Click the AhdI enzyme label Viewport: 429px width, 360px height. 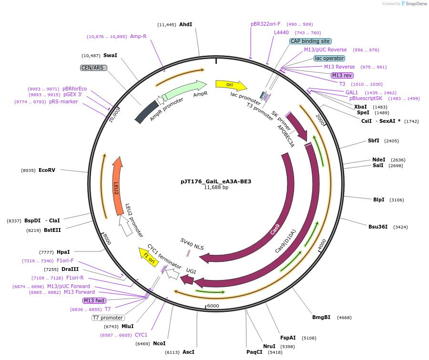coord(185,24)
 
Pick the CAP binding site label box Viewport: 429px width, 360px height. coord(310,41)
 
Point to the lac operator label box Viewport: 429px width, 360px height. coord(329,58)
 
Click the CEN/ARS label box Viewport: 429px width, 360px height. coord(93,68)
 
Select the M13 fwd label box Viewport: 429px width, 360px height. coord(94,300)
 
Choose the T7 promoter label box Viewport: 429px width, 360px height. coord(108,318)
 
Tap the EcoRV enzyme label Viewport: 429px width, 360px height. coord(47,170)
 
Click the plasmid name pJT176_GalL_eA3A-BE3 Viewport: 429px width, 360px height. coord(216,181)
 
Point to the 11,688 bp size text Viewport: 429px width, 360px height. coord(216,188)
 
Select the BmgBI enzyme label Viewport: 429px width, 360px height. coord(321,317)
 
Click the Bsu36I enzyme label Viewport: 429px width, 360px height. coord(378,227)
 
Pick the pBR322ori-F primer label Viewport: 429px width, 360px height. coord(266,24)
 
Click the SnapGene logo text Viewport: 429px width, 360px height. coord(416,4)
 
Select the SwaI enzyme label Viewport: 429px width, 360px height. coord(110,55)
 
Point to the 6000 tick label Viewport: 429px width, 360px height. coord(213,306)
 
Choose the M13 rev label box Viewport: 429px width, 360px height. coord(342,75)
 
